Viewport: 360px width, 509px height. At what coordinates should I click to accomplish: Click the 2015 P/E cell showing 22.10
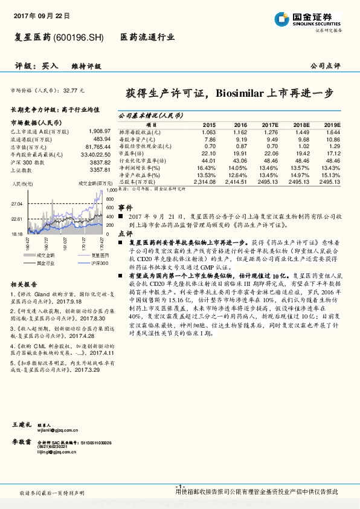pyautogui.click(x=208, y=153)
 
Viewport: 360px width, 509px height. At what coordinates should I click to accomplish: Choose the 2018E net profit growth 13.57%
pyautogui.click(x=300, y=167)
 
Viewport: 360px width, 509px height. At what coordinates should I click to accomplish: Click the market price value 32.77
pyautogui.click(x=70, y=89)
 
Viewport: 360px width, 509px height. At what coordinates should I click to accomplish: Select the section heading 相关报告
pyautogui.click(x=24, y=285)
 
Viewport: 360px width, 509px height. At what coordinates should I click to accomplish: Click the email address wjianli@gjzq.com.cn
pyautogui.click(x=54, y=431)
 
